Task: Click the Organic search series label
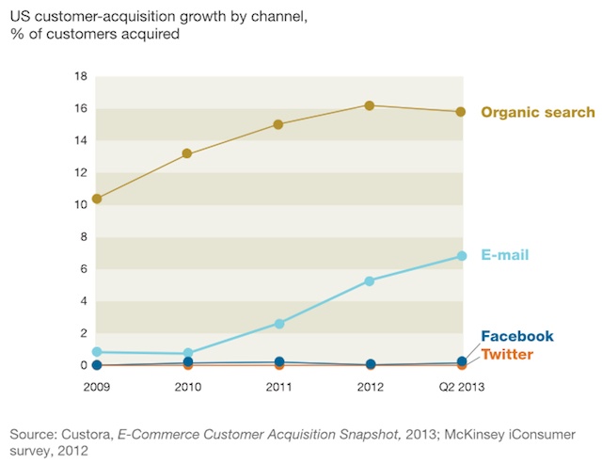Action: point(538,113)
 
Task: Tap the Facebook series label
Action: point(516,337)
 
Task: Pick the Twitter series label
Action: point(507,355)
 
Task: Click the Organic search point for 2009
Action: point(97,199)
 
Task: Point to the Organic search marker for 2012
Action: point(370,105)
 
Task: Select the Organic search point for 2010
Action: point(187,153)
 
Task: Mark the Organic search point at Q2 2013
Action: point(461,112)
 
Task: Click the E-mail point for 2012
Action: point(370,280)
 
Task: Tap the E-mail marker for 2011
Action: point(278,323)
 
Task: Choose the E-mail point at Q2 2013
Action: point(461,256)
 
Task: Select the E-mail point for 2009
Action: point(97,351)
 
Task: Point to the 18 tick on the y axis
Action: point(81,76)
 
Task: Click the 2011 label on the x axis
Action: point(278,386)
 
